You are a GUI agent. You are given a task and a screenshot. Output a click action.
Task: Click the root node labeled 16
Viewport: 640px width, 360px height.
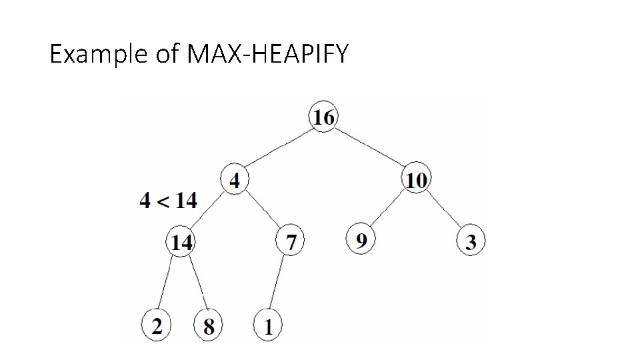coord(323,117)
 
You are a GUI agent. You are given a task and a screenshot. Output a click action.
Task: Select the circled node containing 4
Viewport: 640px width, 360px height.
coord(235,180)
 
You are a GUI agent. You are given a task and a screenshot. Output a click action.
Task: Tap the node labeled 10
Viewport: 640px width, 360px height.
coord(417,180)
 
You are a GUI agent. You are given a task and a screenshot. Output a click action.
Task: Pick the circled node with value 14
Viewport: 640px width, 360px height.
coord(181,242)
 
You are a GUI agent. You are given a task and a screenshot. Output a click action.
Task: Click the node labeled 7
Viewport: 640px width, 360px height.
coord(291,242)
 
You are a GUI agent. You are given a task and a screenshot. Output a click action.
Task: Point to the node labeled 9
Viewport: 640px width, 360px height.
coord(361,239)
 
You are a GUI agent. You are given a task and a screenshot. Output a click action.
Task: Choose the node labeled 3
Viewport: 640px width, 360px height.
coord(471,242)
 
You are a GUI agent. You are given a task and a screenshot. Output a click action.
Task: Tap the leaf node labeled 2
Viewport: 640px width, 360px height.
coord(156,326)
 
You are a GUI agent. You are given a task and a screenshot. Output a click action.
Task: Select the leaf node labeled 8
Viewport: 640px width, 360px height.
coord(208,327)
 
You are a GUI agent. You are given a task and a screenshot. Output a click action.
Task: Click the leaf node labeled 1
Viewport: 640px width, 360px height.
coord(269,327)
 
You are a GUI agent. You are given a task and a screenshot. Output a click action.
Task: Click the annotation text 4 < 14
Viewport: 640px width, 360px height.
coord(169,200)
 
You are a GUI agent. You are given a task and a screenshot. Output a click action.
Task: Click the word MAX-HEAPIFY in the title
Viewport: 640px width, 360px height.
coord(268,54)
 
